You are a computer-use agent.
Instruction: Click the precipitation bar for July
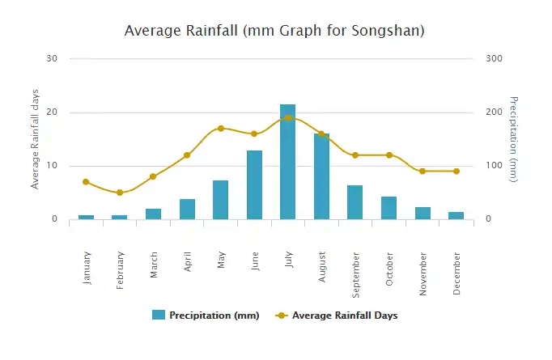coord(287,162)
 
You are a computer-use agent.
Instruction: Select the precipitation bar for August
coord(321,176)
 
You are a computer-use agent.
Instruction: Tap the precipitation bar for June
coord(254,185)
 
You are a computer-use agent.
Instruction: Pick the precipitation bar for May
coord(220,200)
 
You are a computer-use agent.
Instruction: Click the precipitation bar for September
coord(355,202)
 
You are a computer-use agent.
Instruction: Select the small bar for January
coord(86,217)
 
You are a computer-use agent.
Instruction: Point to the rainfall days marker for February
coord(119,193)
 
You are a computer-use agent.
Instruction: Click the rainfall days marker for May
coord(220,129)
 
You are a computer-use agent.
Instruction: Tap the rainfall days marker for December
coord(456,172)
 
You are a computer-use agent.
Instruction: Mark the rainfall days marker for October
coord(389,155)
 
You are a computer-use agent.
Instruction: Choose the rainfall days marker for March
coord(153,176)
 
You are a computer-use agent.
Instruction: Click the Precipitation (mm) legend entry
coord(206,316)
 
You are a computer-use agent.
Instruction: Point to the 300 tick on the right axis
coord(494,58)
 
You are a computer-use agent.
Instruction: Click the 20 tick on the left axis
coord(53,112)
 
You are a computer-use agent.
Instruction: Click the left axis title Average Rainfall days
coord(35,139)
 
